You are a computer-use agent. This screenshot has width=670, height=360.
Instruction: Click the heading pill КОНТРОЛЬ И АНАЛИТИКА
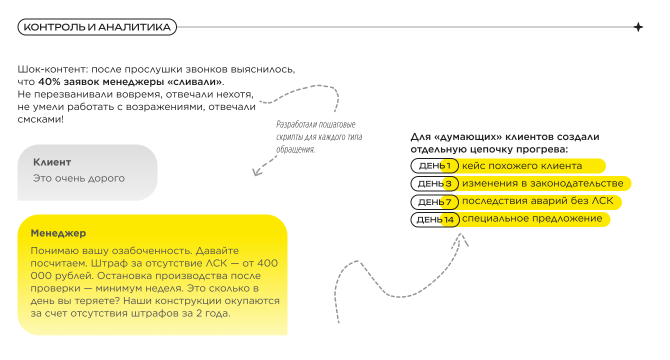97,27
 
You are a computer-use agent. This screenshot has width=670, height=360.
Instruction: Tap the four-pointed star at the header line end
638,27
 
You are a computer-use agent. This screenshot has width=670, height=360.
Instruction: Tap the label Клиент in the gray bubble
52,162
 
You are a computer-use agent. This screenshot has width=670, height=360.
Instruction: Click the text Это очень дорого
79,178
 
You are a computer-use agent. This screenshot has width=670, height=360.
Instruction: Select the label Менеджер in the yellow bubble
58,233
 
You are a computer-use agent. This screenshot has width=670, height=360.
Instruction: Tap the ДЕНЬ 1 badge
434,166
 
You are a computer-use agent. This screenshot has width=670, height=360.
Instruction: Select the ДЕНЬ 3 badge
434,184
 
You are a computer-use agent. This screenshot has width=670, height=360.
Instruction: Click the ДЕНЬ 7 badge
434,202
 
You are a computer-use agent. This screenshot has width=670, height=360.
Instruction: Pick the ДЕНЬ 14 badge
434,219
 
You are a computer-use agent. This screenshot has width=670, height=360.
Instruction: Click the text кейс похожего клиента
521,166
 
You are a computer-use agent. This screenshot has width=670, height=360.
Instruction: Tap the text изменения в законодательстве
542,184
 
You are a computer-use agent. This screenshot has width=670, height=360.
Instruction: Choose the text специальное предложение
532,219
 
